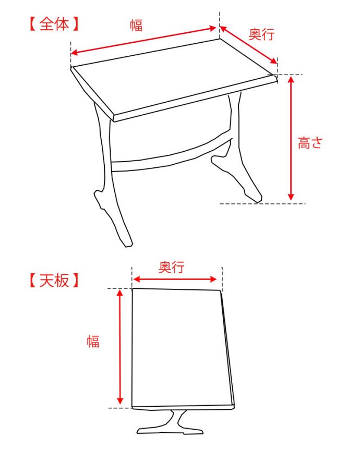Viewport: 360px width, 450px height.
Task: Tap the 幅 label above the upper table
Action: (136, 25)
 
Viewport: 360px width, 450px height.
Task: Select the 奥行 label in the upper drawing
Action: (261, 34)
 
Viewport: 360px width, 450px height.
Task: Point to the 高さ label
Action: (310, 143)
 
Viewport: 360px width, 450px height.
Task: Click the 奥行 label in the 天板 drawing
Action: (172, 267)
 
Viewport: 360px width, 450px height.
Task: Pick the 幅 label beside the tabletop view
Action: (93, 342)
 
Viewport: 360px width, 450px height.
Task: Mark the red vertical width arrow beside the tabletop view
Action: (121, 347)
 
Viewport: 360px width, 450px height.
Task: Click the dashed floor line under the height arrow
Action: (261, 203)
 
